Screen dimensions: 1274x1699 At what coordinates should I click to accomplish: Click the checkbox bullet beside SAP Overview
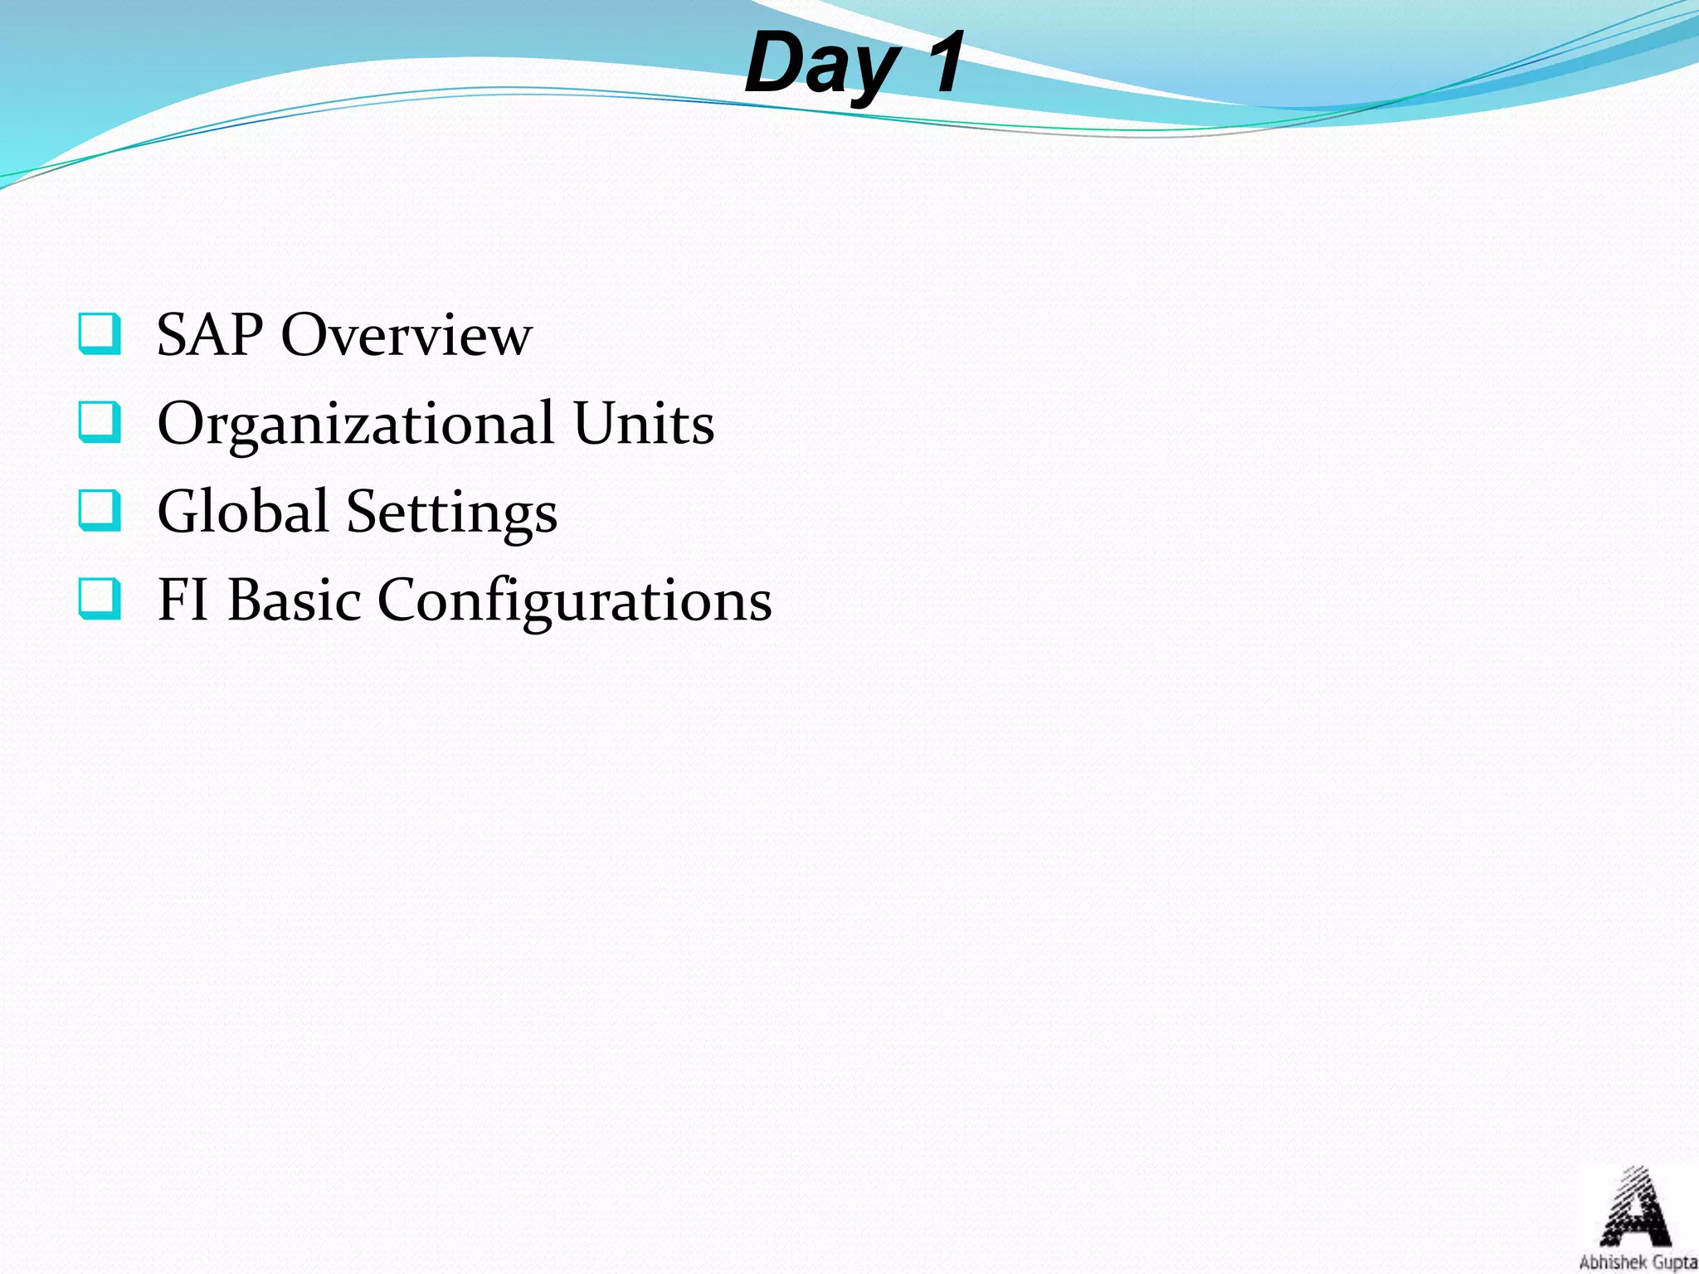100,333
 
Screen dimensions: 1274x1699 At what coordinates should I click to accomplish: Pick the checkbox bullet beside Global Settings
100,509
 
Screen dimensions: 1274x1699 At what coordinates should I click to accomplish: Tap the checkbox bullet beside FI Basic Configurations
100,598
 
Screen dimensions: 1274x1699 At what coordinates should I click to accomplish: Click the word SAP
210,335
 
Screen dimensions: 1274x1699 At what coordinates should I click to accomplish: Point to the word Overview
406,335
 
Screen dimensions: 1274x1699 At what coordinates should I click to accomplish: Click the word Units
644,423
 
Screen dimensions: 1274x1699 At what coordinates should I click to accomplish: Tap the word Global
242,511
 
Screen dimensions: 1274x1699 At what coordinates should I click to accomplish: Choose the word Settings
451,513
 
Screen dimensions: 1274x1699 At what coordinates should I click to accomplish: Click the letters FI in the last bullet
183,600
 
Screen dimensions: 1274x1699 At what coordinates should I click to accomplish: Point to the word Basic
295,600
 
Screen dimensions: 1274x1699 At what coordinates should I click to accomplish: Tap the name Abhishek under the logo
1607,1262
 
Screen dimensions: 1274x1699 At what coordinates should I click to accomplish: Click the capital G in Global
179,511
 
